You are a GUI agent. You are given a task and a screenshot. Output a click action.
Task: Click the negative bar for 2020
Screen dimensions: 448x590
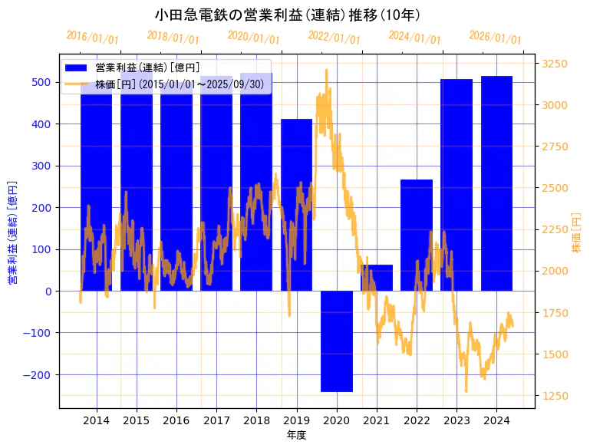[337, 341]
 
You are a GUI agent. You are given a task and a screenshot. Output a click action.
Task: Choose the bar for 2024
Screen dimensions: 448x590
[496, 183]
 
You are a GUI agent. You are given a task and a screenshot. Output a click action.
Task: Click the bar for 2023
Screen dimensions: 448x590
[457, 185]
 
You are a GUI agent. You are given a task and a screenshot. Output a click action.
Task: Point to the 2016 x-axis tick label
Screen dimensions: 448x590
[176, 420]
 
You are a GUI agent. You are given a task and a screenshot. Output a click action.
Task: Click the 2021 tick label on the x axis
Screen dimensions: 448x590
[377, 420]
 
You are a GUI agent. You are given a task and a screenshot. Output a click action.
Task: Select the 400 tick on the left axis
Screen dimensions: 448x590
[43, 124]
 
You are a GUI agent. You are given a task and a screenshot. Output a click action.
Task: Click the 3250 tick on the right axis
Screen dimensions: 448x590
[556, 64]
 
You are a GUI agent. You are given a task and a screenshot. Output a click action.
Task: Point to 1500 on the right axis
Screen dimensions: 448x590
[556, 354]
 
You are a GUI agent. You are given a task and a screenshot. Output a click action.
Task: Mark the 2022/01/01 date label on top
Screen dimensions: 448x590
[334, 38]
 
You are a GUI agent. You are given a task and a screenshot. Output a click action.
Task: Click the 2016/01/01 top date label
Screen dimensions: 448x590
[92, 38]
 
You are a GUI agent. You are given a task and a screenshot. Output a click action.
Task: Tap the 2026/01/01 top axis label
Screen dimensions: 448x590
[495, 38]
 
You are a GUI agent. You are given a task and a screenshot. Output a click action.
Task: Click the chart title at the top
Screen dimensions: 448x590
[287, 15]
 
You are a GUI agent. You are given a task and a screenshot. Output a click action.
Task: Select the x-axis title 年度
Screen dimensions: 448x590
[296, 435]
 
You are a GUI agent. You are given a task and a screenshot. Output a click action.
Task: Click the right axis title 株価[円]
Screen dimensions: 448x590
[577, 232]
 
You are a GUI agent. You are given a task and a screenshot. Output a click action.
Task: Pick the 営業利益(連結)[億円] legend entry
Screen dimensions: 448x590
[147, 68]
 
